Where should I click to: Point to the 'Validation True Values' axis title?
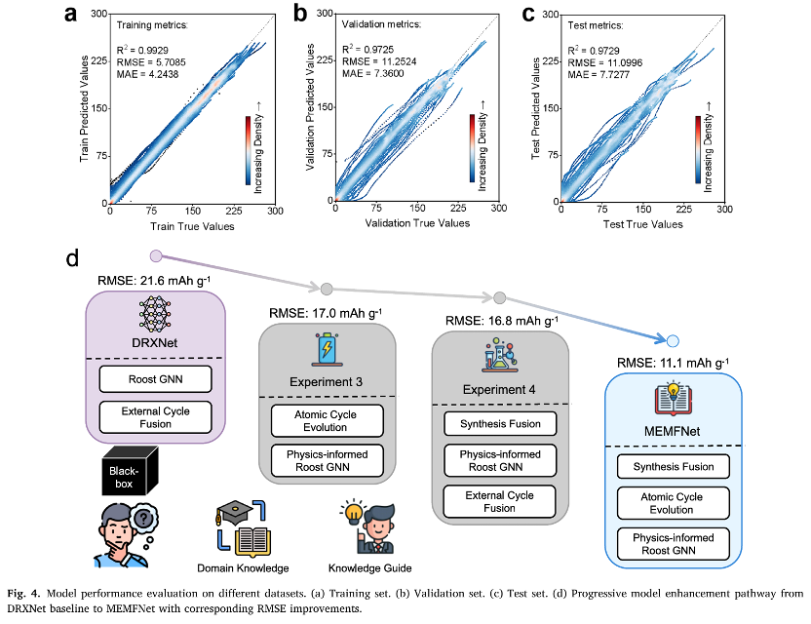[x=416, y=223]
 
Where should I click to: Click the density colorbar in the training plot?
[x=249, y=150]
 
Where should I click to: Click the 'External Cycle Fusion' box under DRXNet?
[x=157, y=417]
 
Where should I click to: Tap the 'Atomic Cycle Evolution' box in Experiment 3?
[x=326, y=421]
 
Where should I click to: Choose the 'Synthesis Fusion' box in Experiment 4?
[x=499, y=424]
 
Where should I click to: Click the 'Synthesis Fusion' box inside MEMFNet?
[x=672, y=466]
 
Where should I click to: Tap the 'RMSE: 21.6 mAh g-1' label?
[x=155, y=281]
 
